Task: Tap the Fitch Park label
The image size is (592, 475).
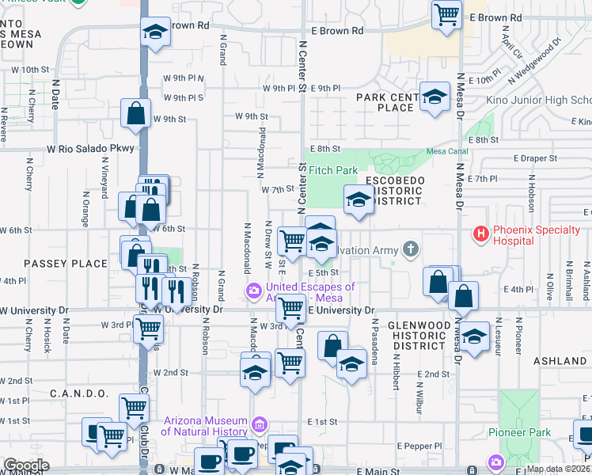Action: (333, 170)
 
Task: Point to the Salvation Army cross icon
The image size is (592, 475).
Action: (410, 250)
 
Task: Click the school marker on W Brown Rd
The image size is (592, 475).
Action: (155, 32)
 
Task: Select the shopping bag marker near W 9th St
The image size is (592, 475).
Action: (136, 113)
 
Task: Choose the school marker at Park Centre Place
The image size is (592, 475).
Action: (434, 97)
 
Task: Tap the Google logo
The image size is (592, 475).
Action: (25, 465)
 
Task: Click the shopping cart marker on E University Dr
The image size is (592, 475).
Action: (290, 309)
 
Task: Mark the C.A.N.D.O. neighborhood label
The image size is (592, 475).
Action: (79, 393)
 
